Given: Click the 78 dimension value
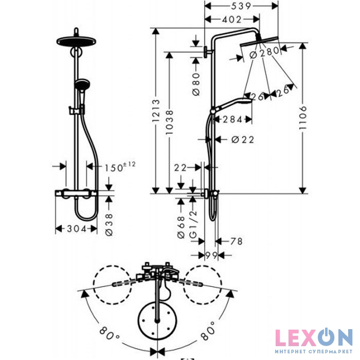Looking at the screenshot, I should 236,241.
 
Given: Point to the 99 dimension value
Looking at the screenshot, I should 211,256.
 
